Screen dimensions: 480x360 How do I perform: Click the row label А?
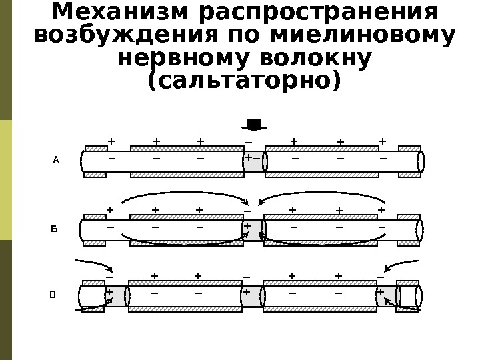click(x=57, y=160)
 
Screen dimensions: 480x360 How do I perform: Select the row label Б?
click(x=55, y=229)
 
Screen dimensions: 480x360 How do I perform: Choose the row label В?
click(x=53, y=294)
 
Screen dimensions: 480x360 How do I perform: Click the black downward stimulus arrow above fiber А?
click(x=254, y=124)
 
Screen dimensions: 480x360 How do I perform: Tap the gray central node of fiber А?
click(x=253, y=161)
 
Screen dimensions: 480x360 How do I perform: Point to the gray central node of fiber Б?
click(x=253, y=229)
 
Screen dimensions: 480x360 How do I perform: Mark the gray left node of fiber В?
click(x=116, y=296)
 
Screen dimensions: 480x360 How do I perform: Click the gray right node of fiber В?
click(x=386, y=296)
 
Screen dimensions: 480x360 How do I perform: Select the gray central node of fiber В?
click(x=252, y=296)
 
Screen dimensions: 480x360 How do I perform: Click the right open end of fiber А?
click(x=421, y=161)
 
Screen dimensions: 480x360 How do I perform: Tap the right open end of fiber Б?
click(x=420, y=230)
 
